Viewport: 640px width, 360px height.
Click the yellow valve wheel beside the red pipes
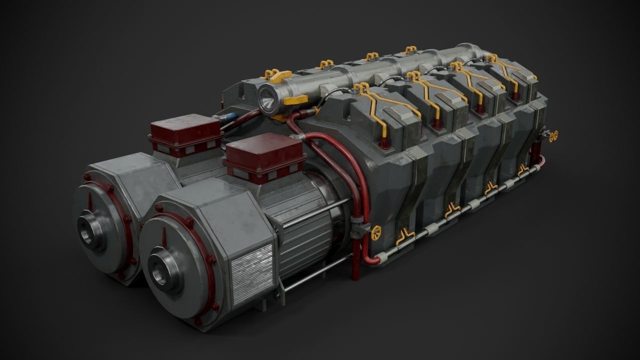coord(375,230)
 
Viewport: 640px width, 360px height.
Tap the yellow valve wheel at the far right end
coord(552,135)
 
